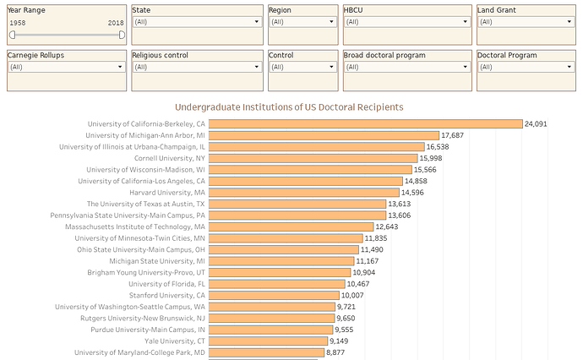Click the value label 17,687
(452, 135)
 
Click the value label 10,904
(364, 273)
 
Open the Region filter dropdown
(302, 22)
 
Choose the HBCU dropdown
(406, 22)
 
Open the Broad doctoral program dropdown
(406, 67)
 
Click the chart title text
(289, 107)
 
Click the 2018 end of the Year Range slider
(123, 35)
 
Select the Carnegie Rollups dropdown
(66, 67)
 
